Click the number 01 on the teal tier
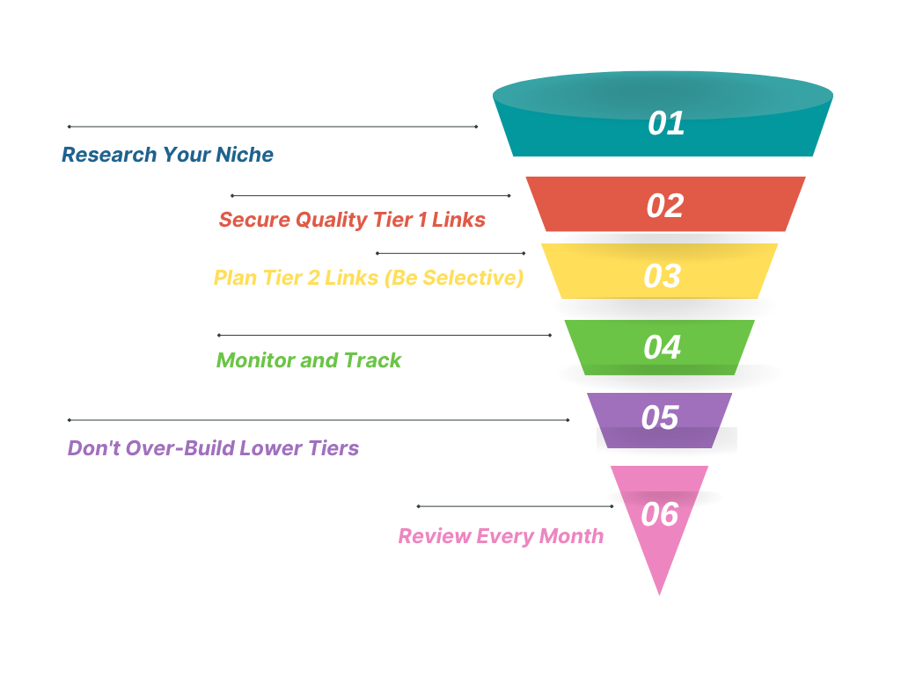pos(666,123)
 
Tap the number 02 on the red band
pos(665,206)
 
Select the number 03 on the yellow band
pos(662,276)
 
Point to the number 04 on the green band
pos(662,347)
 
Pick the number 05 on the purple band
pos(660,417)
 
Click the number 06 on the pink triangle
pos(660,514)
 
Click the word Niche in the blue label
pos(245,155)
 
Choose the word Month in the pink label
pos(572,536)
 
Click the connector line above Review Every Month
pos(516,506)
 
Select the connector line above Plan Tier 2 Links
pos(450,253)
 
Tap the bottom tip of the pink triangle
pos(659,595)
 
